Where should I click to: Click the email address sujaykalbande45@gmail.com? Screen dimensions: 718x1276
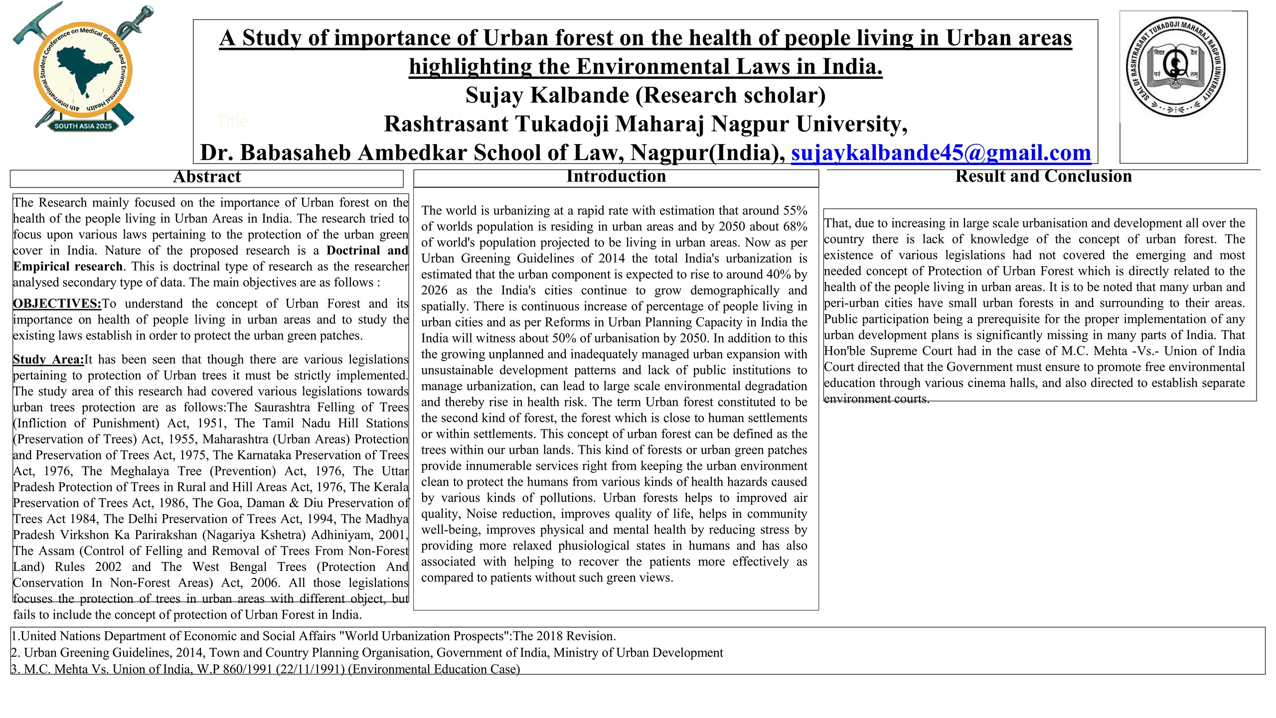tap(941, 153)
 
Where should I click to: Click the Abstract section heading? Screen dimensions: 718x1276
tap(206, 177)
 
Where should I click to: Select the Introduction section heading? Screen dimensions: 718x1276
tap(616, 177)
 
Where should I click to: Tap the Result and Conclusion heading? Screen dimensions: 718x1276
tap(1043, 177)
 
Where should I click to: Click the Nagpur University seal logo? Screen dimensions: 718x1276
tap(1176, 67)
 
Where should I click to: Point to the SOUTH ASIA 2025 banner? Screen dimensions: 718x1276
tap(83, 126)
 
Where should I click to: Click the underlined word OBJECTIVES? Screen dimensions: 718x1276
tap(57, 304)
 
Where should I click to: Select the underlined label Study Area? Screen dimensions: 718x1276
tap(48, 359)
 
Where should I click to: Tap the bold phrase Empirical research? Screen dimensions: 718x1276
tap(68, 267)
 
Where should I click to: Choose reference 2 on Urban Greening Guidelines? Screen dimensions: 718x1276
tap(367, 653)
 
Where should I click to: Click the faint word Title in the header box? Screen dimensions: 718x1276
tap(232, 121)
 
